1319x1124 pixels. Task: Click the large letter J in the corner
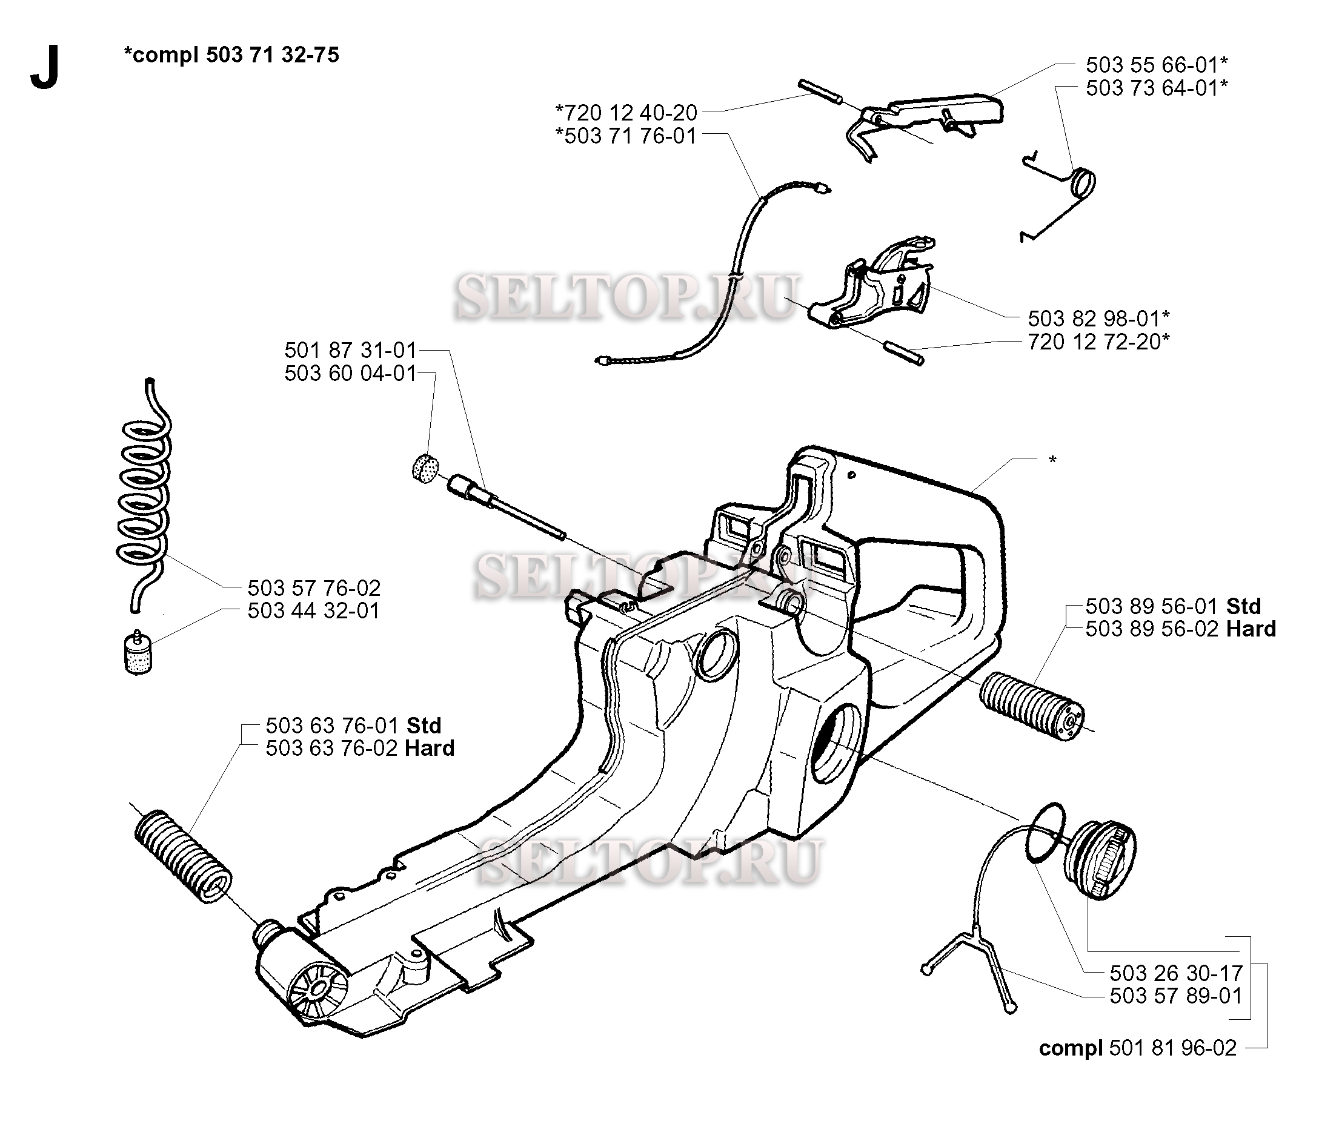coord(45,67)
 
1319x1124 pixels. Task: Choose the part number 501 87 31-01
coord(350,350)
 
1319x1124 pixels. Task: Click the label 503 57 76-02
coord(314,587)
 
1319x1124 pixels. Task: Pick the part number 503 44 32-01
coord(314,610)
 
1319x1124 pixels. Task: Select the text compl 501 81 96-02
coord(1138,1048)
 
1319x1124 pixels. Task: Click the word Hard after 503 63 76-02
coord(430,748)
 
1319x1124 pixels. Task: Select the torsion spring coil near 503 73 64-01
coord(1083,183)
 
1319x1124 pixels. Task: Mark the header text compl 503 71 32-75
coord(232,55)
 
